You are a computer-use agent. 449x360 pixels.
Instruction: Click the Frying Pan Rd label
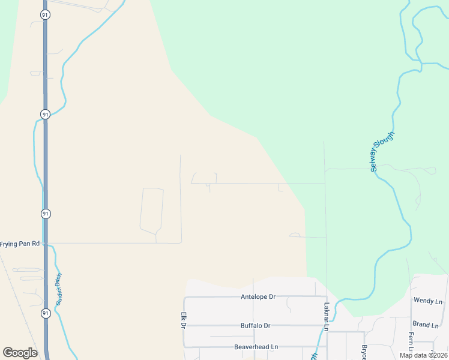click(20, 244)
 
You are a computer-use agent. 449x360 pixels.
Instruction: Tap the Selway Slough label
click(382, 151)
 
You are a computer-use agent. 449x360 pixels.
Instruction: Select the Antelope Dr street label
click(258, 297)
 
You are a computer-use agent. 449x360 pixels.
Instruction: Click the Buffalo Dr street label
click(255, 326)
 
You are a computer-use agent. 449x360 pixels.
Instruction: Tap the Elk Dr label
click(183, 320)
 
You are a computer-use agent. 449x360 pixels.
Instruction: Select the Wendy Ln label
click(428, 300)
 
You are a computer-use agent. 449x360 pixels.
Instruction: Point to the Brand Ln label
click(426, 325)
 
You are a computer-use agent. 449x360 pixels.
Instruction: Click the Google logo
click(20, 353)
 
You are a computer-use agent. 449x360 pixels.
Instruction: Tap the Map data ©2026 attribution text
click(423, 355)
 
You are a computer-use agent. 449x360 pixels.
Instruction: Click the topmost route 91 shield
click(45, 14)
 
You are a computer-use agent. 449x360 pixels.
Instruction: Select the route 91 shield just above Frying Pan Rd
click(45, 214)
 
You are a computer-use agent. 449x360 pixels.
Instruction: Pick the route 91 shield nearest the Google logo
click(45, 313)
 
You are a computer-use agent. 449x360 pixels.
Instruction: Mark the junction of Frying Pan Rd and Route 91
click(46, 244)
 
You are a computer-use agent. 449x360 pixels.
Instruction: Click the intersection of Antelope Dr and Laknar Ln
click(326, 297)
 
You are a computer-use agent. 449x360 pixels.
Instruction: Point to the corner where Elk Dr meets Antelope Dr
click(185, 298)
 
